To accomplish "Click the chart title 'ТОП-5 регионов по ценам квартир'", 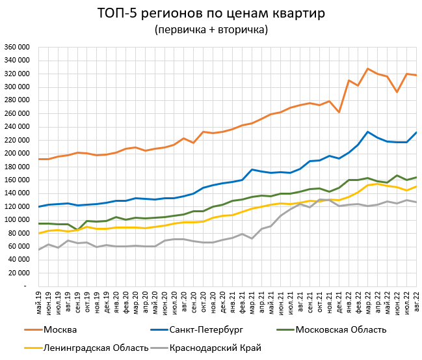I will [x=211, y=14].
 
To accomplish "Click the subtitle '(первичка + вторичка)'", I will [x=211, y=30].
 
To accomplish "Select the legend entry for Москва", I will [x=60, y=329].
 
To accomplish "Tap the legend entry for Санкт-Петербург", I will [x=205, y=329].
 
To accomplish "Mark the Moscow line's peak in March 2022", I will [x=368, y=69].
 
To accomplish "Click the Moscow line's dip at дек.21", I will [x=339, y=112].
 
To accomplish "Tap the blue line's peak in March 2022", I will [x=368, y=132].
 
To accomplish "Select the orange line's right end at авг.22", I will [x=416, y=76].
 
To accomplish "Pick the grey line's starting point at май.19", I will [x=38, y=249].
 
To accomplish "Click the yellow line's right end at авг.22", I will [x=416, y=186].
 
